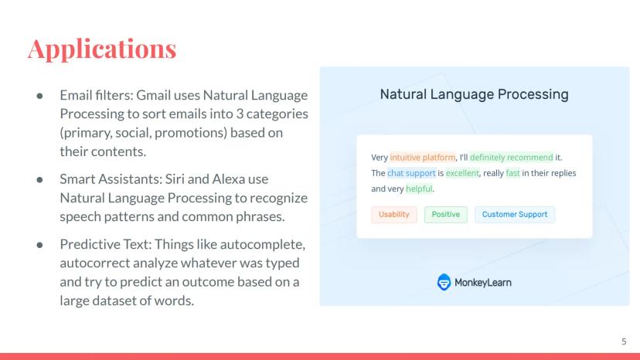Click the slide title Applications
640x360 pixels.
[102, 49]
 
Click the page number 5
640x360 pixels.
[624, 341]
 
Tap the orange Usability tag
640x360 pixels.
[394, 215]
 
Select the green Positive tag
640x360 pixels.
[446, 215]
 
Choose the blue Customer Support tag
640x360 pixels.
[515, 215]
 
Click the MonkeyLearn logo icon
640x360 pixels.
[444, 282]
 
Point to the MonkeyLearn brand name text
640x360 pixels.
[483, 283]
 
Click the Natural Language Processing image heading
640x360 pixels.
[475, 94]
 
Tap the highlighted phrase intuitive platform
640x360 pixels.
[423, 157]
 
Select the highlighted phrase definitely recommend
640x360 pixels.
[512, 157]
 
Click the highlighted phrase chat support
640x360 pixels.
[411, 173]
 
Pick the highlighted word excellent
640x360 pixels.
[462, 173]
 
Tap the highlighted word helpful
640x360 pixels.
[419, 188]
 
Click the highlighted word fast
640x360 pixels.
[512, 173]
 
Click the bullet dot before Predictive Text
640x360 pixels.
[39, 245]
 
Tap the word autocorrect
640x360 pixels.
[95, 263]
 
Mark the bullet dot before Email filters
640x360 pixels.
[39, 96]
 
